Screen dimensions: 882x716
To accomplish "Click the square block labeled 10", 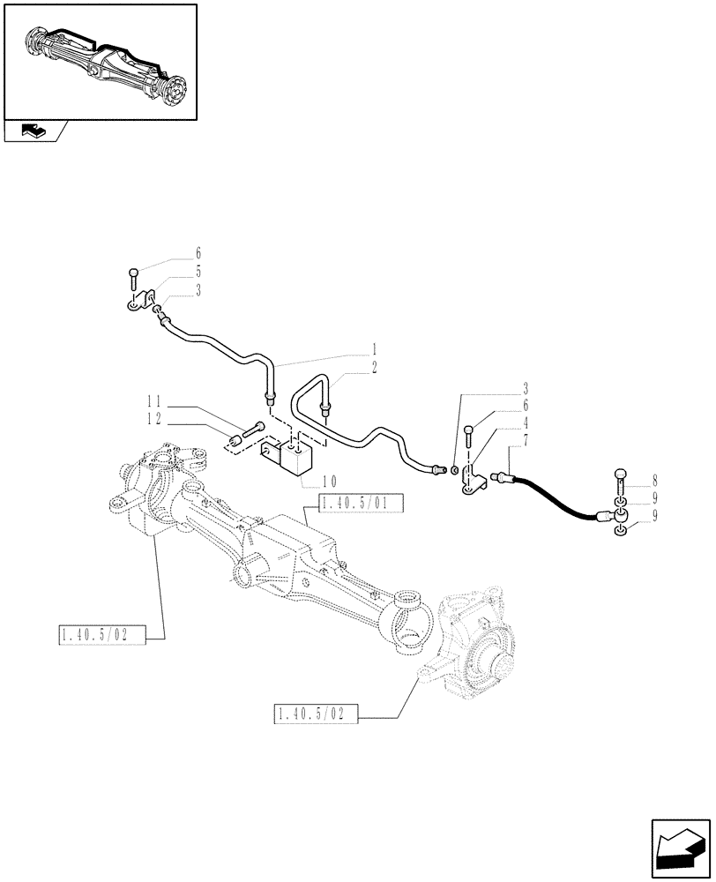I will pyautogui.click(x=296, y=455).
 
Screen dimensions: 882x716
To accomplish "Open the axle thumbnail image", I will pyautogui.click(x=99, y=61).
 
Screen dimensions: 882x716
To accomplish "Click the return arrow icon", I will pyautogui.click(x=680, y=847).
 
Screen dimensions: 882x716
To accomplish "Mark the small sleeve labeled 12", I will pyautogui.click(x=235, y=440).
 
